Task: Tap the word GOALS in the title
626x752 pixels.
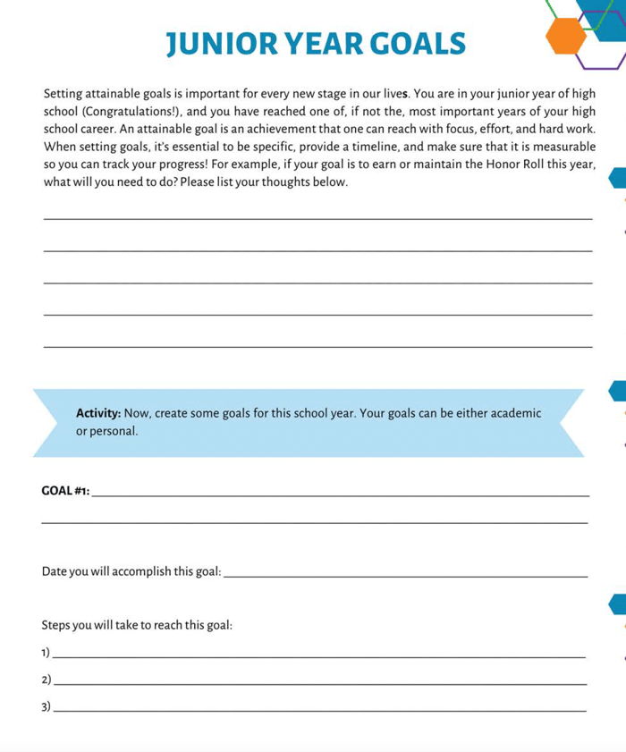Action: point(417,43)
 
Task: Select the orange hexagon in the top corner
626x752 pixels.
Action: point(566,36)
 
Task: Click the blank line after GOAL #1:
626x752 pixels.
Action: point(340,494)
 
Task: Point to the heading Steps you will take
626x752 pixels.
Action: point(137,625)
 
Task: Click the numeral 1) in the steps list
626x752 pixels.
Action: point(47,653)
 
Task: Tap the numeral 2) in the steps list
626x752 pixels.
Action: point(47,680)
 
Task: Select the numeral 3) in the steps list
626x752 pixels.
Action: point(47,708)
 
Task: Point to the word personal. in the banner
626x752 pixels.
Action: point(114,431)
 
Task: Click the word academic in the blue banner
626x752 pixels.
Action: point(513,413)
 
